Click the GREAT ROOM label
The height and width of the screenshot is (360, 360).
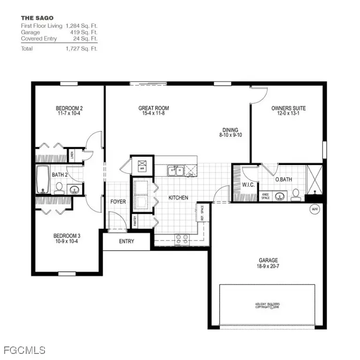[154, 108]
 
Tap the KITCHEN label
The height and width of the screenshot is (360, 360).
[178, 198]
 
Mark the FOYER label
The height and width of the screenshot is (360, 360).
[118, 202]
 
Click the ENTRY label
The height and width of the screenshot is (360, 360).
[127, 241]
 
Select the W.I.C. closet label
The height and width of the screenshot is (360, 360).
[247, 185]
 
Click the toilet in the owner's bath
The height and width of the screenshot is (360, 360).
[296, 194]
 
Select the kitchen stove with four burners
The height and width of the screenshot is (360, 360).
[181, 240]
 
